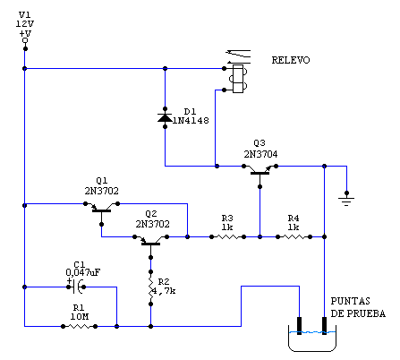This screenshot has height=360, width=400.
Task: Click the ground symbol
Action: (x=346, y=200)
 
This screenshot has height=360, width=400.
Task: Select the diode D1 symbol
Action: (x=165, y=118)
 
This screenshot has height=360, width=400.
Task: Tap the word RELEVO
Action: (x=291, y=60)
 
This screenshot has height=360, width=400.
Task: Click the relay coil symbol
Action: (x=238, y=79)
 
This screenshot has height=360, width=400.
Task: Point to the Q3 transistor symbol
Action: (x=260, y=172)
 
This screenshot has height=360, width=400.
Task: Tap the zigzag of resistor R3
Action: (x=227, y=237)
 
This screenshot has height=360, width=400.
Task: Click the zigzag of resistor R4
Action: (x=294, y=237)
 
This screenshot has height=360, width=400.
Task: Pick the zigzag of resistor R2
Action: (x=150, y=288)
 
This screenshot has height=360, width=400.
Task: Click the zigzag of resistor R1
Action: (x=79, y=326)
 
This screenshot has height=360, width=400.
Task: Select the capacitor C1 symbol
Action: (x=77, y=287)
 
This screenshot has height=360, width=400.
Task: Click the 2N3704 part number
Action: (x=260, y=154)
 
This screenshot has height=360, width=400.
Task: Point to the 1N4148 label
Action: (x=191, y=121)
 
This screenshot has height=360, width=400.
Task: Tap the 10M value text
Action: (x=80, y=317)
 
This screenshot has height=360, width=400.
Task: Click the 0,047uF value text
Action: (x=83, y=272)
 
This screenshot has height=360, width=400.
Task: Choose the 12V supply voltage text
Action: (x=25, y=24)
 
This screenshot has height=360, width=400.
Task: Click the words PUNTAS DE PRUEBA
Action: (x=358, y=307)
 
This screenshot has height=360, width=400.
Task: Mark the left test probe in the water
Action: (x=299, y=326)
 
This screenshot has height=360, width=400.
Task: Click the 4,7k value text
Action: (x=164, y=291)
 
